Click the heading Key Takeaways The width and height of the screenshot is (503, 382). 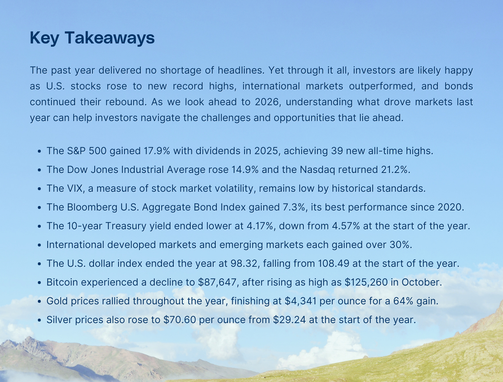pos(92,38)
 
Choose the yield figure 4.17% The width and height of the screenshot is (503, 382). pos(260,226)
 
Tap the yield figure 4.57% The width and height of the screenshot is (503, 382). pos(346,226)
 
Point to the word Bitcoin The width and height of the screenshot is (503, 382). pos(62,282)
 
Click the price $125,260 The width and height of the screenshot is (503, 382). pos(366,282)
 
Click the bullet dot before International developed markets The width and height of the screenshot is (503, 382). pos(39,245)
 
